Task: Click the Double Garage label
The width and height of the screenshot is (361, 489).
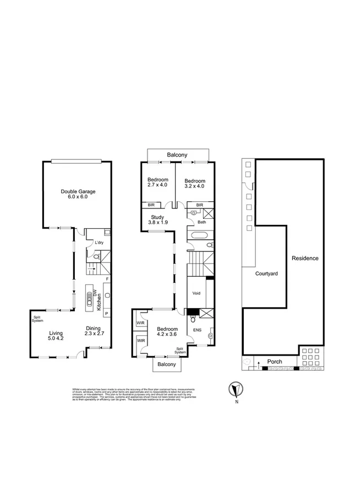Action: [78, 194]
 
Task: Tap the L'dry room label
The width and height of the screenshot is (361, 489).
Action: [100, 243]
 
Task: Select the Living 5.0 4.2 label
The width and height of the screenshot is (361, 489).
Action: [56, 336]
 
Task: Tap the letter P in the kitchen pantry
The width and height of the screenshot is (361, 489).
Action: [107, 313]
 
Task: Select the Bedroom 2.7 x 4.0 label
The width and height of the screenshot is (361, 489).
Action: [157, 183]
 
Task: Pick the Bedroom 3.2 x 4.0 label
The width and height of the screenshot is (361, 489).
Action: [194, 183]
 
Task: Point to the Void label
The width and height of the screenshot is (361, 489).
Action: [197, 293]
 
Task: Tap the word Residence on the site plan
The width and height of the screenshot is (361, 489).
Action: [305, 258]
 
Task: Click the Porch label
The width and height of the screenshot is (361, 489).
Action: [274, 362]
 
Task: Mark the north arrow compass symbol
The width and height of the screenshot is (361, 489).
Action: [236, 389]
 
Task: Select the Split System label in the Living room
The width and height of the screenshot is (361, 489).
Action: [37, 319]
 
